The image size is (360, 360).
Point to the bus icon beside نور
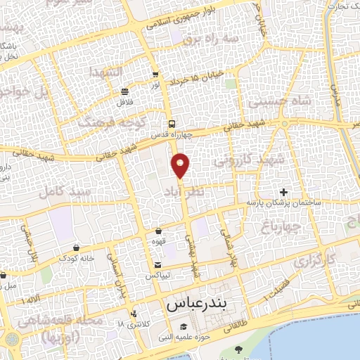(x=155, y=75)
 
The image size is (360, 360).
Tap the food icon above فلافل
(x=125, y=91)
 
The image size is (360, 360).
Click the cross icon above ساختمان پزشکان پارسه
(x=283, y=192)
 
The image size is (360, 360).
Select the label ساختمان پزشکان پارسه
(x=283, y=202)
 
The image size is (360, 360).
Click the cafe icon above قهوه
(x=158, y=230)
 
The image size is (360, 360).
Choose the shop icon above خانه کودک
(x=76, y=247)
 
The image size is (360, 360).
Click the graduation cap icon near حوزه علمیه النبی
(x=184, y=327)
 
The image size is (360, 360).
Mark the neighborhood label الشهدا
(x=105, y=72)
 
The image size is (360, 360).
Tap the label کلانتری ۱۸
(x=138, y=324)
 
